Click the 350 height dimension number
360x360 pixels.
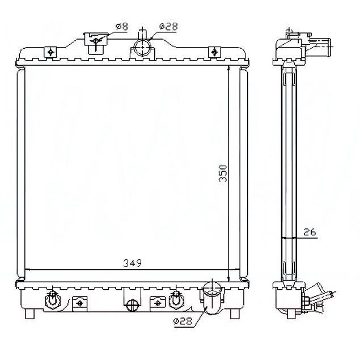click(x=223, y=173)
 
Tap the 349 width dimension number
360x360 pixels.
click(x=133, y=263)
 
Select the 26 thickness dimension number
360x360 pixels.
click(x=310, y=232)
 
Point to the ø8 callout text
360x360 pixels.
click(x=122, y=27)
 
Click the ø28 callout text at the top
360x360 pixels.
click(x=168, y=27)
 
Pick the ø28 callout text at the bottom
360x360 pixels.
click(x=183, y=321)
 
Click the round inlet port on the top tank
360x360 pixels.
click(x=142, y=47)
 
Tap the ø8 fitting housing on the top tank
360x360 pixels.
click(x=96, y=43)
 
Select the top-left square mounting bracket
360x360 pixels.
click(x=50, y=52)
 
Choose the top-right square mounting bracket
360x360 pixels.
click(x=214, y=52)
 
